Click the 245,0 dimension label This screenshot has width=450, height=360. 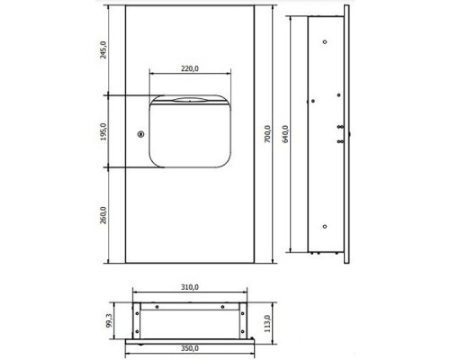[x=103, y=49]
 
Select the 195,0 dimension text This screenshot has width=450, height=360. [x=103, y=131]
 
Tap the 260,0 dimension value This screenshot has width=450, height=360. [x=103, y=215]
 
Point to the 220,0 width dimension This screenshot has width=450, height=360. [x=190, y=68]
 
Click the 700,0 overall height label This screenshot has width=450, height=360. [x=267, y=134]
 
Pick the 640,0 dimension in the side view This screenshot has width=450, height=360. [x=285, y=134]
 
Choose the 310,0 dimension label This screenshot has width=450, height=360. [x=190, y=287]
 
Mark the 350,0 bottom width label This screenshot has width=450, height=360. [x=190, y=348]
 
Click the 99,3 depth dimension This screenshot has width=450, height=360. [x=109, y=320]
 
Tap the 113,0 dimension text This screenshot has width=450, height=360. [x=267, y=323]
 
